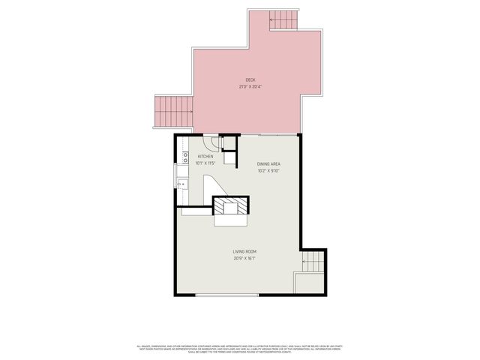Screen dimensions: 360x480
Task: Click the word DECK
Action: click(250, 79)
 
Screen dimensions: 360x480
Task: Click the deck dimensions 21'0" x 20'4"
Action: click(250, 86)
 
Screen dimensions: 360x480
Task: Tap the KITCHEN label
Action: click(205, 156)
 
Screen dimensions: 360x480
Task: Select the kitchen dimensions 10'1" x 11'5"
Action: click(205, 163)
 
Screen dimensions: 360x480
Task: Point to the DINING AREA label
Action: click(268, 163)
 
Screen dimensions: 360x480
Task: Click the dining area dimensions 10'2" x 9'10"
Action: click(268, 170)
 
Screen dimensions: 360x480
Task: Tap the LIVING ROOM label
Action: click(244, 252)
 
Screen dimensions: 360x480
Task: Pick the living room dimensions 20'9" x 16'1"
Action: click(244, 259)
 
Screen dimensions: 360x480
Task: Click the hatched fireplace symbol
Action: click(230, 205)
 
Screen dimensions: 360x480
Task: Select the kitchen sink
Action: click(182, 182)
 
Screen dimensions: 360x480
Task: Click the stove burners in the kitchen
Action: click(184, 157)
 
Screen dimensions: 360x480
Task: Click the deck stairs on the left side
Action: click(172, 112)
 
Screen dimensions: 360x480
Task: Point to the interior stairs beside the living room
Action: click(313, 262)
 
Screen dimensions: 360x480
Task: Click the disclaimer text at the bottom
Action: click(239, 349)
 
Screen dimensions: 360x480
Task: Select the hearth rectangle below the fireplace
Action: click(230, 220)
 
